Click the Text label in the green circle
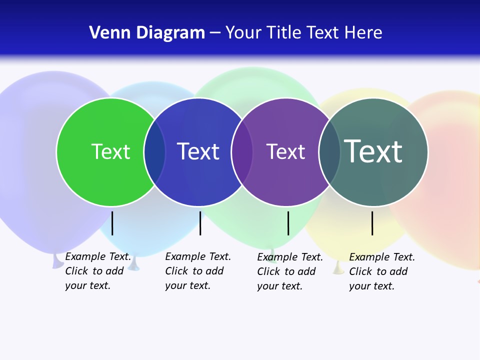click(110, 151)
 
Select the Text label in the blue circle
click(198, 151)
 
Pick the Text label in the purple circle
click(285, 151)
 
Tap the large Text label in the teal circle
click(373, 151)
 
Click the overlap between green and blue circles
click(154, 151)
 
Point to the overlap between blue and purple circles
click(242, 151)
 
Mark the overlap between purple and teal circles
click(329, 151)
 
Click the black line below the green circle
click(112, 223)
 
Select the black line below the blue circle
click(200, 223)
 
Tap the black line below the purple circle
click(288, 223)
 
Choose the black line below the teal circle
click(372, 223)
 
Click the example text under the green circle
click(97, 271)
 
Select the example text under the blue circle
click(197, 271)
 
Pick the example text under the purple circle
click(289, 271)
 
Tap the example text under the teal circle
click(381, 271)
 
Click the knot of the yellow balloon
click(338, 269)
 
